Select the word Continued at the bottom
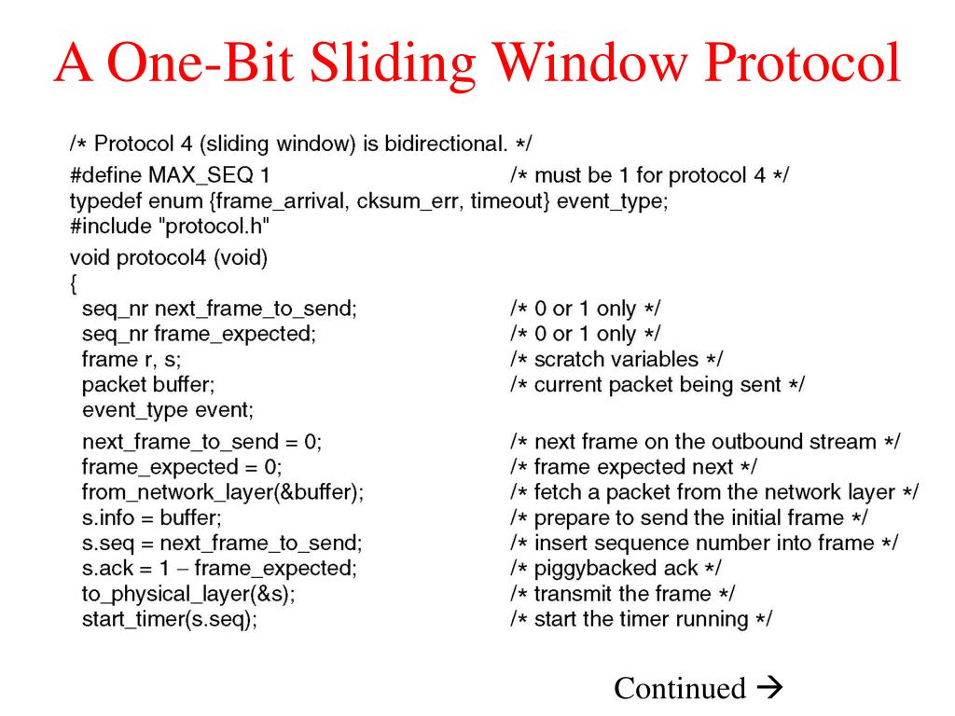[680, 688]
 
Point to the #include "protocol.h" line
[169, 227]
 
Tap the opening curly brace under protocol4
[75, 283]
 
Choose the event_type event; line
[167, 409]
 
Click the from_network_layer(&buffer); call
[222, 492]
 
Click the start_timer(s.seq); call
[169, 619]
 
